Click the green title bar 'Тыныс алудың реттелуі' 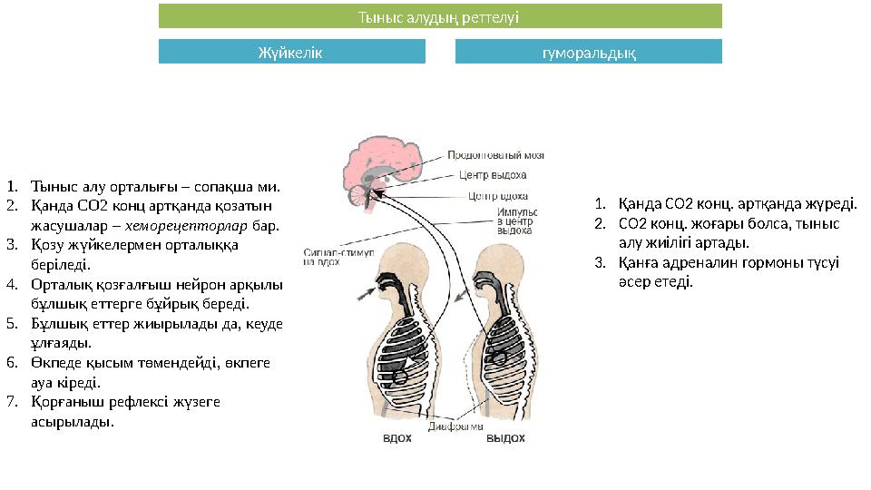(440, 16)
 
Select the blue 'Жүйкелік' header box (291, 52)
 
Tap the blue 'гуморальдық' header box (588, 52)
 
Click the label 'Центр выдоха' (493, 175)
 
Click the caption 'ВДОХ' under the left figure (397, 438)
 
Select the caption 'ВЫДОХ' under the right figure (505, 438)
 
